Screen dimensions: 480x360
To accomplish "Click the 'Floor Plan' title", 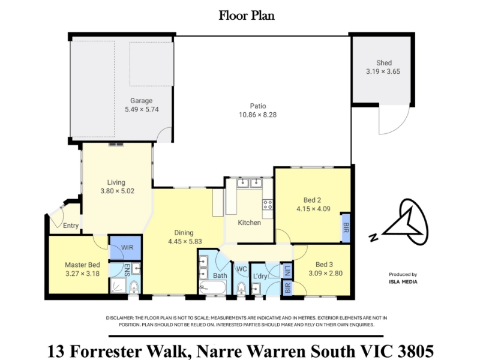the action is (x=247, y=16).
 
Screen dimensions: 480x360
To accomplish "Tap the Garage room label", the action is (x=141, y=100).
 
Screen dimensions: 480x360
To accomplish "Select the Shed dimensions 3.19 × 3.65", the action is (x=383, y=71).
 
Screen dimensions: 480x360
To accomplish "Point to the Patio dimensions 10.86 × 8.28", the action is (x=258, y=115).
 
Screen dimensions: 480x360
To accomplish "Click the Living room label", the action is (x=116, y=182).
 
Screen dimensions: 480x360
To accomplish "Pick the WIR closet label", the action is (x=127, y=247).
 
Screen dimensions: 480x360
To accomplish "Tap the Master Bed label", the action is (x=82, y=265).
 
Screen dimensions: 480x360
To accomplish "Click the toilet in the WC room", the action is (x=242, y=288).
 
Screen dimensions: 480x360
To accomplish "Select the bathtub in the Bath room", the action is (x=213, y=287).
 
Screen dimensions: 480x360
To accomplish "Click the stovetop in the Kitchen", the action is (x=268, y=205).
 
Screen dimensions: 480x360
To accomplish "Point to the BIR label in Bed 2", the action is (x=346, y=227).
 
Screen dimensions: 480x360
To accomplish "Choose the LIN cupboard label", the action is (x=287, y=271).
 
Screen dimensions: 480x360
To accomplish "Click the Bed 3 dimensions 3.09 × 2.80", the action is (x=325, y=274).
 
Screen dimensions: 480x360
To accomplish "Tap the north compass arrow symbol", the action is (x=404, y=222).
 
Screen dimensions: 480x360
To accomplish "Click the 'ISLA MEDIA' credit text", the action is (x=403, y=282).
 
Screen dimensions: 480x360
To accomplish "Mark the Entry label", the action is (x=71, y=226).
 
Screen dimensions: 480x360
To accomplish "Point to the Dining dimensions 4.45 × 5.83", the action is (x=185, y=241).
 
